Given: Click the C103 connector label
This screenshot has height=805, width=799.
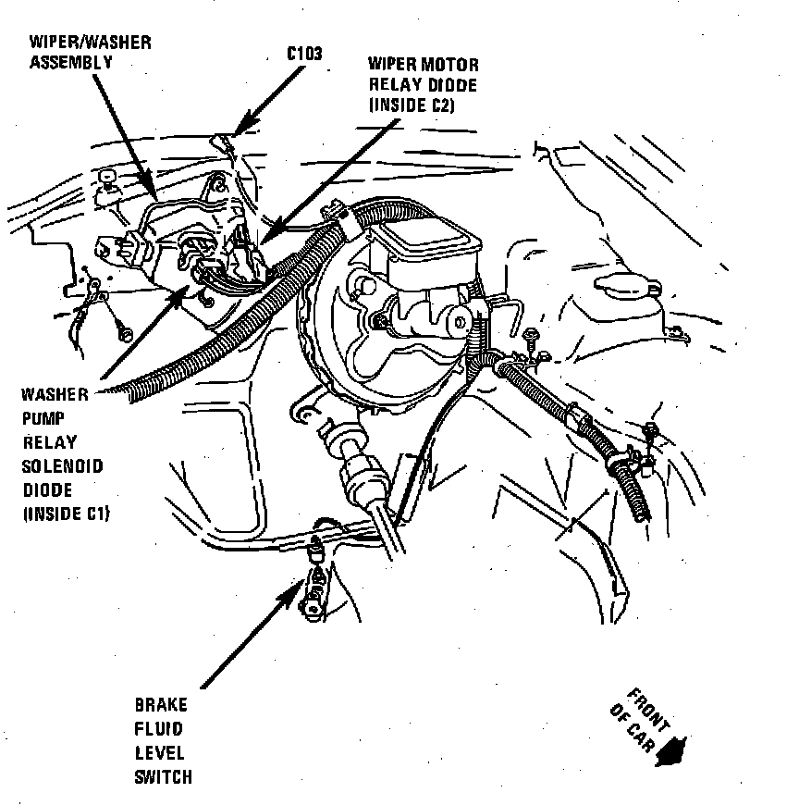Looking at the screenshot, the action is (303, 53).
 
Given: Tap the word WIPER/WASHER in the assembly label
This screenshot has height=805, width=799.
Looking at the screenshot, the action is (90, 43).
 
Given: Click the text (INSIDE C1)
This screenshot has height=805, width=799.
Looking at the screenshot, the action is (66, 514).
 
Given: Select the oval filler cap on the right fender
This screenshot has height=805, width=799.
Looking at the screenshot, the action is (626, 283).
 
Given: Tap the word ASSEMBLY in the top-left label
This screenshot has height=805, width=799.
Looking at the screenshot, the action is (70, 63).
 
